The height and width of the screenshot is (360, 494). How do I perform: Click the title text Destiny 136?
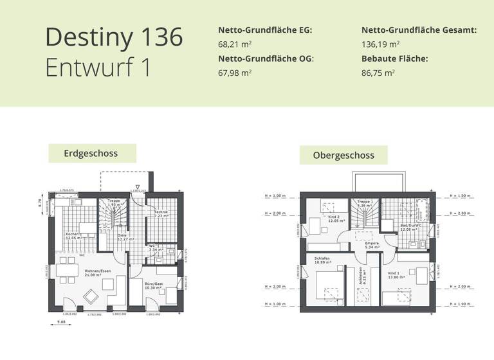114,37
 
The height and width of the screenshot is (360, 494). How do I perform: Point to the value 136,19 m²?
381,44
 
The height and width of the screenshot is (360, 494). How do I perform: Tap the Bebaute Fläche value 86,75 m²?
378,73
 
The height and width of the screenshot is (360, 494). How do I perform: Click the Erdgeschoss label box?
92,154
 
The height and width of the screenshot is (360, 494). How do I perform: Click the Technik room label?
161,213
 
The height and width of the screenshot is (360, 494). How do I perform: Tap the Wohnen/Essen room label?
98,273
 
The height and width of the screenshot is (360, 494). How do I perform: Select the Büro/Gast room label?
154,285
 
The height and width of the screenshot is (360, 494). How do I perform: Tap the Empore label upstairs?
372,244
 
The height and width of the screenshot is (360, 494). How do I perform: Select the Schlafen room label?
322,260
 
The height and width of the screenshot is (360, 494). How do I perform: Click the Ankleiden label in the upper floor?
361,276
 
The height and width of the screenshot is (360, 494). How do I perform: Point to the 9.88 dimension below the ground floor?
62,322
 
